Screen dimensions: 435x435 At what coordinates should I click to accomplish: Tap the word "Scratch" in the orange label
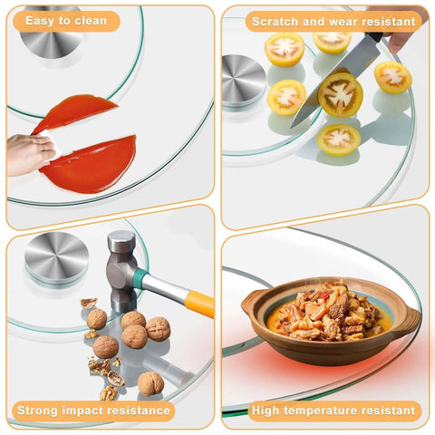(x=275, y=22)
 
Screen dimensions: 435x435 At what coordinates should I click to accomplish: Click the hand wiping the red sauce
(x=29, y=154)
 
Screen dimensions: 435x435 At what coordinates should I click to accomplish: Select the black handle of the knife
(x=375, y=37)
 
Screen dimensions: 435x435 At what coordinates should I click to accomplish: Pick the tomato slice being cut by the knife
(x=341, y=94)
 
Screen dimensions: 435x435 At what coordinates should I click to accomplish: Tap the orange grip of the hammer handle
(x=199, y=304)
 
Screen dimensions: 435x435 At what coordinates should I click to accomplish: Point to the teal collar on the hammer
(x=141, y=277)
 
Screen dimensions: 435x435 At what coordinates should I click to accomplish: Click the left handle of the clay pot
(x=251, y=304)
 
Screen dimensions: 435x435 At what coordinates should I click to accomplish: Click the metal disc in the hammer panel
(x=56, y=256)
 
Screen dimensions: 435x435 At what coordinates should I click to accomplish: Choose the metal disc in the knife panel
(x=244, y=80)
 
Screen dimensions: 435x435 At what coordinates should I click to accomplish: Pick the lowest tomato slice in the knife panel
(x=338, y=140)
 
